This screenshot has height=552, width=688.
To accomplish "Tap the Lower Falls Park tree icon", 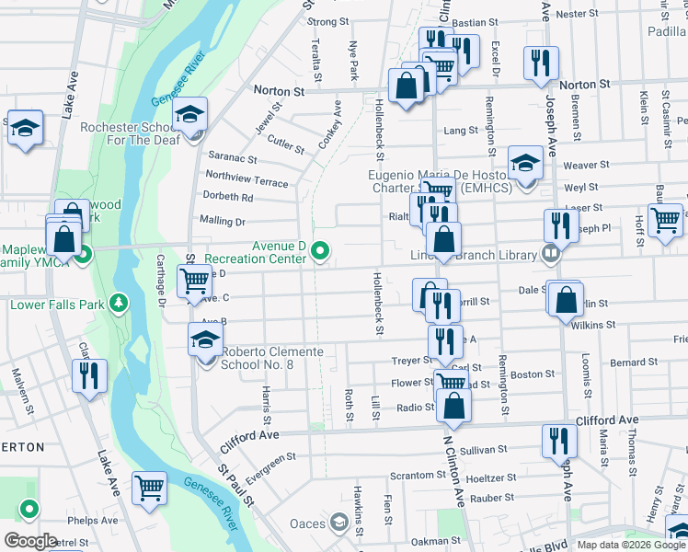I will pyautogui.click(x=118, y=303).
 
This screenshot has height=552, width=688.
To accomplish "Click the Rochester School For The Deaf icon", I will pyautogui.click(x=190, y=116).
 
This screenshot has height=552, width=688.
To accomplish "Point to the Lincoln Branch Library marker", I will pyautogui.click(x=551, y=251).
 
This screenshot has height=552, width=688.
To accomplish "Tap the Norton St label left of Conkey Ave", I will pyautogui.click(x=279, y=92).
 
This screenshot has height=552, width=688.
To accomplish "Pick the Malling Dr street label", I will pyautogui.click(x=222, y=221).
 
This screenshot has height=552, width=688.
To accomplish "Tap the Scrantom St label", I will pyautogui.click(x=418, y=476).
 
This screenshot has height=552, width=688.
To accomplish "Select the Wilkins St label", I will pyautogui.click(x=592, y=325).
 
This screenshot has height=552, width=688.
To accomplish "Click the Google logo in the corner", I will pyautogui.click(x=30, y=541).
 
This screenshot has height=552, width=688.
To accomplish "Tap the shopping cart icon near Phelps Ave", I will pyautogui.click(x=149, y=489).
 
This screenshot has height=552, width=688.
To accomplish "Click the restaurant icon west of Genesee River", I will pyautogui.click(x=91, y=375).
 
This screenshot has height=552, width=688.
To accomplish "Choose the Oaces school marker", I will pyautogui.click(x=338, y=524).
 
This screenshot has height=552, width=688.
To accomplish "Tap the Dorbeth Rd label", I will pyautogui.click(x=228, y=197).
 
